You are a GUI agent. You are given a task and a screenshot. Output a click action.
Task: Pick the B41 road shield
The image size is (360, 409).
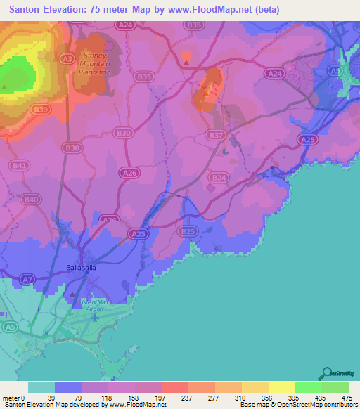tap(20, 165)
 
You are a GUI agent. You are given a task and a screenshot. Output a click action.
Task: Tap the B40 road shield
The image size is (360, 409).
tap(30, 200)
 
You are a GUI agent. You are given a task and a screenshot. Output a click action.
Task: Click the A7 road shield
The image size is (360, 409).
tap(27, 280)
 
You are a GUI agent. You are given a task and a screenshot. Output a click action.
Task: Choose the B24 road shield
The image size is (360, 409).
tap(219, 178)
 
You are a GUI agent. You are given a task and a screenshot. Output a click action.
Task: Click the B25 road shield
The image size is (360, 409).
tap(187, 231)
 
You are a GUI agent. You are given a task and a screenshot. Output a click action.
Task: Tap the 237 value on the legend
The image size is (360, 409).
tap(167, 397)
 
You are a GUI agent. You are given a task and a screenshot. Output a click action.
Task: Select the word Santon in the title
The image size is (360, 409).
tap(27, 10)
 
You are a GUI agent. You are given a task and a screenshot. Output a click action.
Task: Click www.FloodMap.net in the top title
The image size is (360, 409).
tap(214, 10)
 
